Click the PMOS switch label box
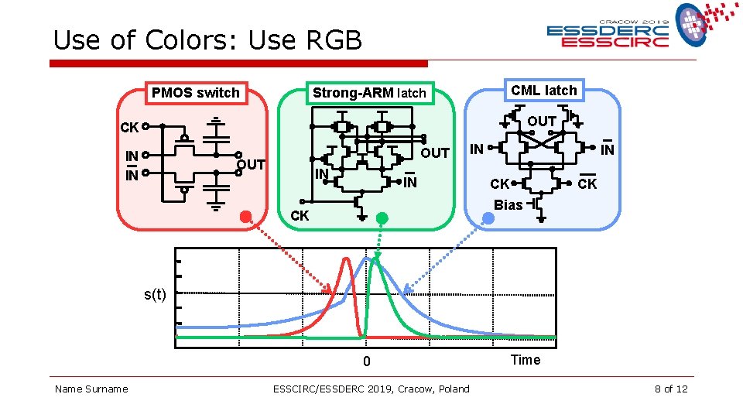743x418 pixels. coord(196,93)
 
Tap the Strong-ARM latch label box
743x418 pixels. coord(369,93)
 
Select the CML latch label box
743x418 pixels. coord(544,91)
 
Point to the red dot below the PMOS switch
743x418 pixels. coord(246,218)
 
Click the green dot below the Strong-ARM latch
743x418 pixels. coord(381,218)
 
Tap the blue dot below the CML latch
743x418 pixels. coord(488,218)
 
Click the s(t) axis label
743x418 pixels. coord(155,294)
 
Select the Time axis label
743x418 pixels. coord(526,360)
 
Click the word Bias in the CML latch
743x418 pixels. coord(508,205)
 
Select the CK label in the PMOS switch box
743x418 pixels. coord(129,127)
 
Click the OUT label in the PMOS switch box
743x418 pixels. coord(251,164)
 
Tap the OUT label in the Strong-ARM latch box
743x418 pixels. coord(435,152)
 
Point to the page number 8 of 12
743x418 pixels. coord(670,389)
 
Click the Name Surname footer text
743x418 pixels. coord(91,389)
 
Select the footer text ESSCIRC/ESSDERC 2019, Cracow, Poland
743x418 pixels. coord(371,389)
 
